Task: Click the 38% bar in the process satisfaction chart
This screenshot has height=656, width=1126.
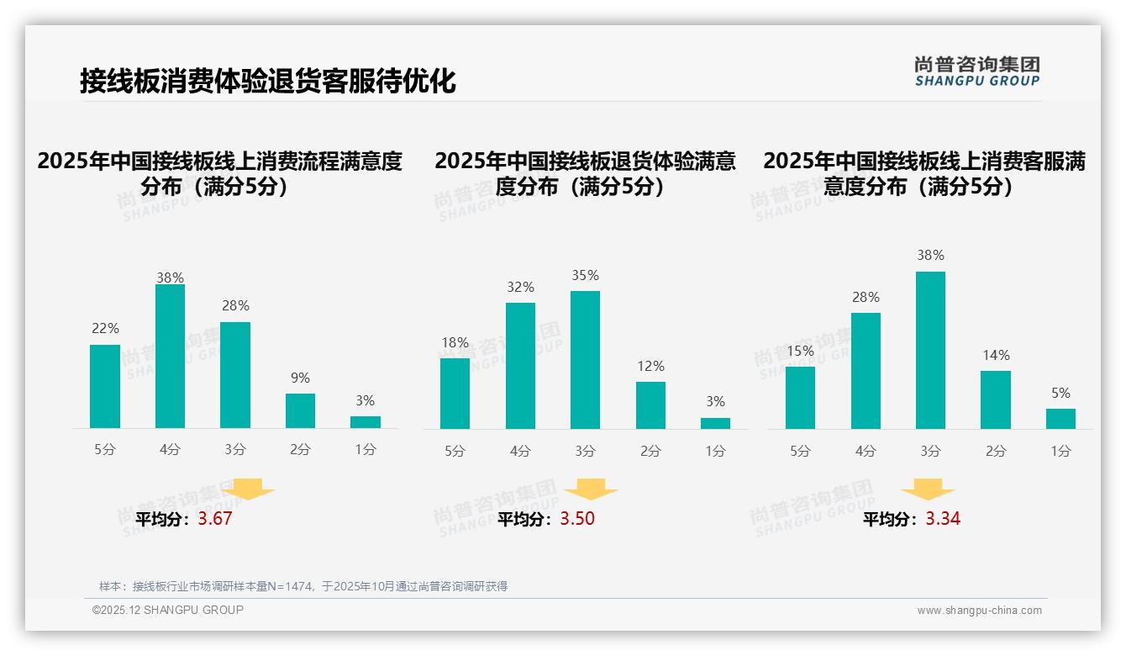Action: pyautogui.click(x=170, y=357)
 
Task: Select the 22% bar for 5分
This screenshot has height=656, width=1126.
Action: pyautogui.click(x=105, y=387)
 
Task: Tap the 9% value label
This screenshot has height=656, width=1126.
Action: pyautogui.click(x=300, y=378)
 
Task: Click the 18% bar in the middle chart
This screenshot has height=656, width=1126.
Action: pyautogui.click(x=455, y=394)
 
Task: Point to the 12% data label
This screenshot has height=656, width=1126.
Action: pyautogui.click(x=650, y=367)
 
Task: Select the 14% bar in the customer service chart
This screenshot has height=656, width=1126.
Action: pyautogui.click(x=996, y=400)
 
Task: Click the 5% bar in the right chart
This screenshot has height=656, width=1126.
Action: pyautogui.click(x=1060, y=419)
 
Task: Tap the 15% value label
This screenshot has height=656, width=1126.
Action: pyautogui.click(x=800, y=351)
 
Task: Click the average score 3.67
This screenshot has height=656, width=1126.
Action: pyautogui.click(x=215, y=519)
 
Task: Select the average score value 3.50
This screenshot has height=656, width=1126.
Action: pyautogui.click(x=577, y=519)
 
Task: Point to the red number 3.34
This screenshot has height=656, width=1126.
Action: pyautogui.click(x=943, y=519)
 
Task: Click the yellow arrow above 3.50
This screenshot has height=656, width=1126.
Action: pyautogui.click(x=591, y=489)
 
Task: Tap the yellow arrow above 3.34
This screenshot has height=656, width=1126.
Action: pyautogui.click(x=928, y=489)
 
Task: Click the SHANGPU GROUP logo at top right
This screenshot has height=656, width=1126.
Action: pyautogui.click(x=976, y=71)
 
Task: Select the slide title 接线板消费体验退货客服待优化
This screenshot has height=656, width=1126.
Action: pyautogui.click(x=267, y=82)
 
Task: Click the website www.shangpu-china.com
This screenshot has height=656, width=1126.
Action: pyautogui.click(x=979, y=611)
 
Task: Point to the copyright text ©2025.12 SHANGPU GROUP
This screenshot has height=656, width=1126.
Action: pyautogui.click(x=168, y=610)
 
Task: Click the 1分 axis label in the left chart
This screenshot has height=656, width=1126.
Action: pyautogui.click(x=366, y=450)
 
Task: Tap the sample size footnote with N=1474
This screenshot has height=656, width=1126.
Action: pyautogui.click(x=303, y=586)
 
